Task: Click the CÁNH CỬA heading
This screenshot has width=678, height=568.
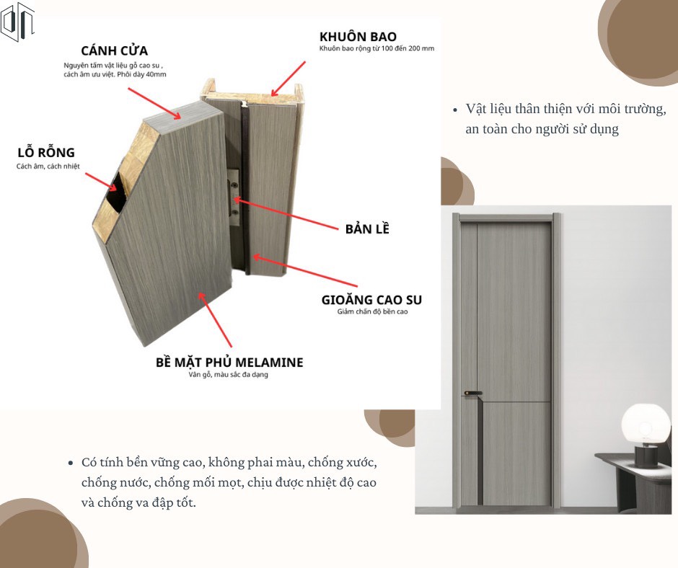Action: pyautogui.click(x=114, y=50)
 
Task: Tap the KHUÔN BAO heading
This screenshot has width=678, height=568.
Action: pyautogui.click(x=358, y=36)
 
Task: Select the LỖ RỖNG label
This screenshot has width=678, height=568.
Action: pyautogui.click(x=46, y=152)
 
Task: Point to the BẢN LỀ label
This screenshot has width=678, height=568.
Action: pyautogui.click(x=367, y=228)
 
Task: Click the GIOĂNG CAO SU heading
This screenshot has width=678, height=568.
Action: pyautogui.click(x=371, y=300)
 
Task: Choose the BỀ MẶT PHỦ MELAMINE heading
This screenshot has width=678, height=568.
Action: pyautogui.click(x=229, y=362)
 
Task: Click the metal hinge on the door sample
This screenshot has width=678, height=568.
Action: pyautogui.click(x=234, y=197)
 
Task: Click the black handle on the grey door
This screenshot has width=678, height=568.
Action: pyautogui.click(x=473, y=394)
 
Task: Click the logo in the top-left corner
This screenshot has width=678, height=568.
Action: pyautogui.click(x=17, y=22)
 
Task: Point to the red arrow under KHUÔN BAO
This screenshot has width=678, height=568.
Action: pyautogui.click(x=288, y=79)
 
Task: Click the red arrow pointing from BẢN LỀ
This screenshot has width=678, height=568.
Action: pyautogui.click(x=286, y=214)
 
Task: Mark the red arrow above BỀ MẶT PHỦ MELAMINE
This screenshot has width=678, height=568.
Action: pyautogui.click(x=216, y=320)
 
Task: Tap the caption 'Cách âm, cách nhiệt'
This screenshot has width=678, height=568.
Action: pyautogui.click(x=48, y=166)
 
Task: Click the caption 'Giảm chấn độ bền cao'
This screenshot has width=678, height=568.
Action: pyautogui.click(x=372, y=311)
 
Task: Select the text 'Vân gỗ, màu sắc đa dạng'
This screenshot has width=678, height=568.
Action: pyautogui.click(x=229, y=374)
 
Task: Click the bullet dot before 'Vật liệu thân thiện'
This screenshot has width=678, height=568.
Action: pyautogui.click(x=455, y=110)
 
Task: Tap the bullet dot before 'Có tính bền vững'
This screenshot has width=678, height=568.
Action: pyautogui.click(x=71, y=463)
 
